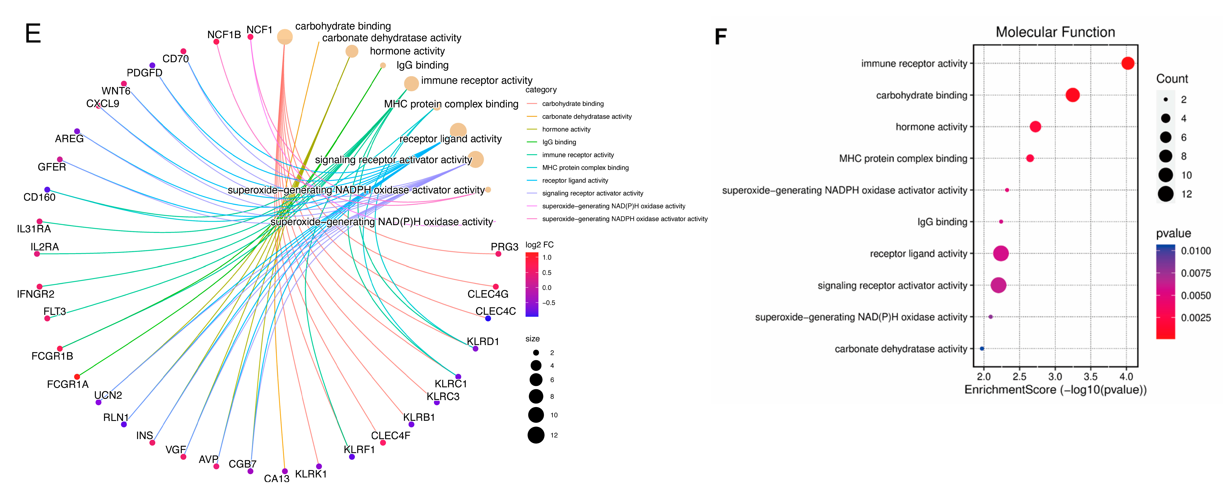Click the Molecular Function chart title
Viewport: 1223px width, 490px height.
tap(1055, 32)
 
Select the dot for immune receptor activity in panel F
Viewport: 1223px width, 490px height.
tap(1128, 63)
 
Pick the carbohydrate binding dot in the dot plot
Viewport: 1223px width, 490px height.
tap(1073, 95)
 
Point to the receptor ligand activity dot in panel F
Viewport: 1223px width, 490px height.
tap(1001, 253)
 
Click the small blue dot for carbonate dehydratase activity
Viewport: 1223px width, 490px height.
tap(982, 348)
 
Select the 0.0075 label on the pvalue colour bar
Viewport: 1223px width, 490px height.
tap(1196, 273)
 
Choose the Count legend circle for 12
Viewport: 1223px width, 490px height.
tap(1165, 194)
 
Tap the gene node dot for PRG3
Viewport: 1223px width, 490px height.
tap(498, 254)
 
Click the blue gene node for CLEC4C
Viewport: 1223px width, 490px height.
tap(488, 318)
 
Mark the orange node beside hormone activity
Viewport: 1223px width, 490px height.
tap(352, 51)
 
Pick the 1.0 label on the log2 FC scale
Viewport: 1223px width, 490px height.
tap(547, 258)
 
